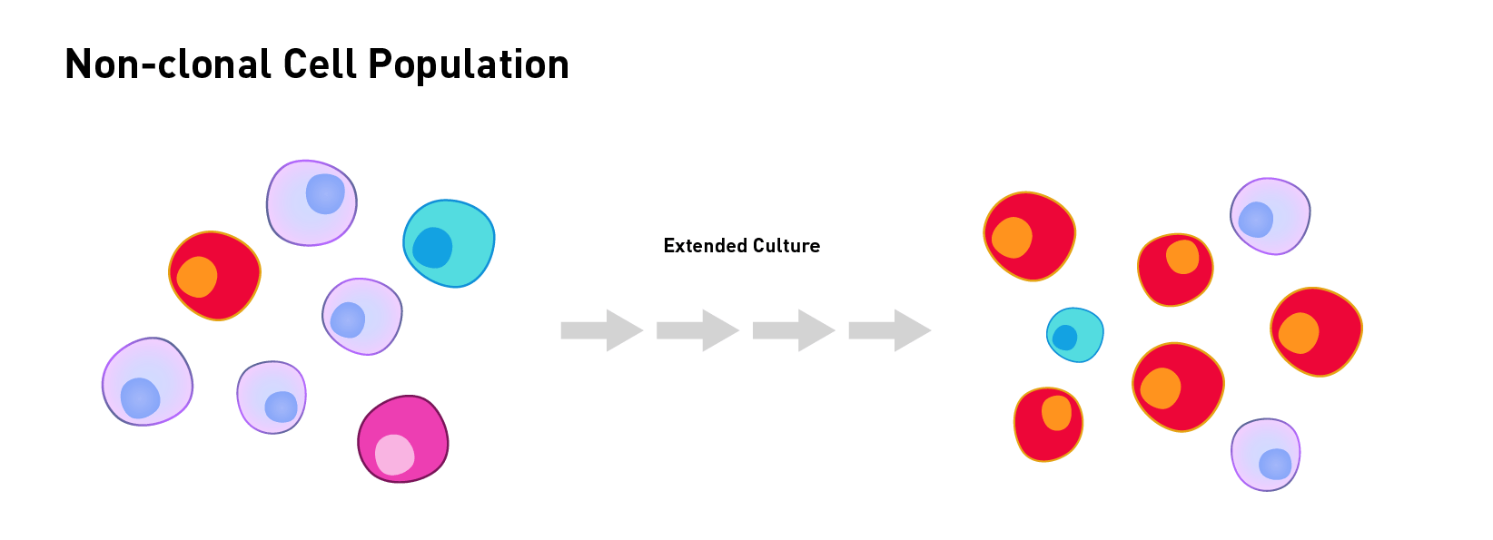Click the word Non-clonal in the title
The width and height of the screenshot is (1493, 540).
[169, 64]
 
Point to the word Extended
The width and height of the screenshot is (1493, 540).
[705, 246]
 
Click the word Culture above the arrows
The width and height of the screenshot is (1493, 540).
[786, 246]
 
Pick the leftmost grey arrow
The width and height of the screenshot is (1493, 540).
[602, 330]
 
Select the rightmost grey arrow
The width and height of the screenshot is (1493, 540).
[890, 330]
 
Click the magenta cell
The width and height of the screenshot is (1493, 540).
[403, 438]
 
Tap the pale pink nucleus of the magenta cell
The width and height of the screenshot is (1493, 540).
[394, 455]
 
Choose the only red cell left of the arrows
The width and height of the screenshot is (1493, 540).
[214, 276]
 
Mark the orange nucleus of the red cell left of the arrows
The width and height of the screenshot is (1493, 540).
[197, 277]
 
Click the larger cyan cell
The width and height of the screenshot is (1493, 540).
[449, 244]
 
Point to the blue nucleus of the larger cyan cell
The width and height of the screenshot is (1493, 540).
[432, 248]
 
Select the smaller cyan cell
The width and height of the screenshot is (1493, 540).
[1075, 335]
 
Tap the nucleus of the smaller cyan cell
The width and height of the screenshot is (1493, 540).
[1065, 338]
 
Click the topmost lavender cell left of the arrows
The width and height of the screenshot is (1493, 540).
[311, 203]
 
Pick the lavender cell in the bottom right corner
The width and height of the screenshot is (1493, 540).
[1266, 455]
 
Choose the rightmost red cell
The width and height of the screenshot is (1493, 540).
[1317, 331]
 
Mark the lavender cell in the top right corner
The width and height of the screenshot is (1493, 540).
[1271, 216]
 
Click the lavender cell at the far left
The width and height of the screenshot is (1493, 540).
[147, 381]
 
